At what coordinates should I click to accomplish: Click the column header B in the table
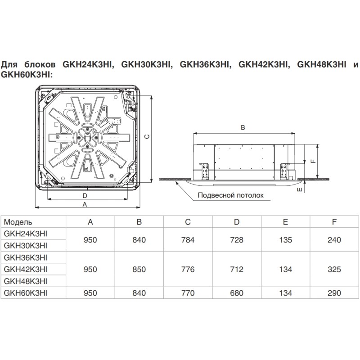click(x=139, y=222)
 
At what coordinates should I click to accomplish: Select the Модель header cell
click(x=18, y=222)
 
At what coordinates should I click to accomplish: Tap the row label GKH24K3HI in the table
click(x=25, y=234)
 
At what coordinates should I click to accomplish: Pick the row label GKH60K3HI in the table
click(x=25, y=293)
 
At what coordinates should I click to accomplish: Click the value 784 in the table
click(x=188, y=240)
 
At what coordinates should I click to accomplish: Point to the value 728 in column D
click(x=237, y=240)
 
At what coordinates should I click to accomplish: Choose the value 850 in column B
click(x=139, y=270)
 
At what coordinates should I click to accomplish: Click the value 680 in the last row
click(x=237, y=293)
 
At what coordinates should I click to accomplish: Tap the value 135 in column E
click(x=285, y=240)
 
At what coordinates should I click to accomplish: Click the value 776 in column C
click(x=188, y=270)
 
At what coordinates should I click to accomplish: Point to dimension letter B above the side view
click(x=243, y=128)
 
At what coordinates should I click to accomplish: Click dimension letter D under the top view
click(x=85, y=195)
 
